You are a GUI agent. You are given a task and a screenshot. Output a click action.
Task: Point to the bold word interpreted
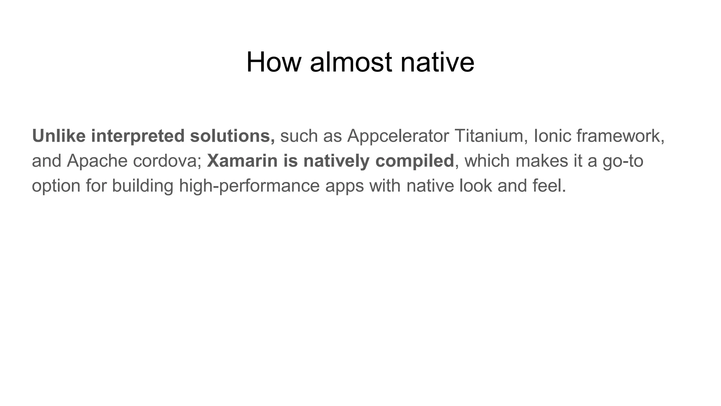point(138,136)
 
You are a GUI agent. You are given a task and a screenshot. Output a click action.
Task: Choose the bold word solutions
point(232,136)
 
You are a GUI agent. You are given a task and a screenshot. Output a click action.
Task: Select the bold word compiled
point(415,161)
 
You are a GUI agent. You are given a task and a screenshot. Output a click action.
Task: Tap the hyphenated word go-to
point(623,161)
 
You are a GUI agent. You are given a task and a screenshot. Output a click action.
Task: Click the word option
point(56,186)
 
